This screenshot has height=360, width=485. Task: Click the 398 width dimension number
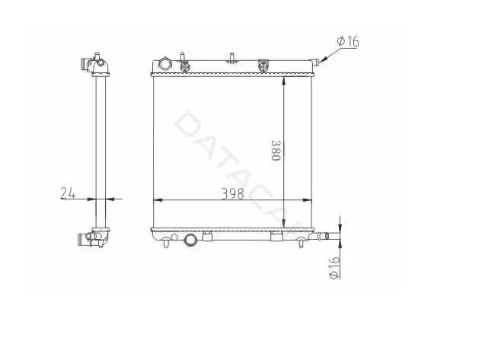(x=233, y=193)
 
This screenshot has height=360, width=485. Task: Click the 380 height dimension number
(x=276, y=151)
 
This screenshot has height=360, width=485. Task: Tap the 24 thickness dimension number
(x=68, y=193)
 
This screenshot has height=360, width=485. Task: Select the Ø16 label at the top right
(x=348, y=41)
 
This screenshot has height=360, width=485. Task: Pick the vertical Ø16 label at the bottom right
(x=334, y=268)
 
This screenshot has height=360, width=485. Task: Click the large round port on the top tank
(x=165, y=64)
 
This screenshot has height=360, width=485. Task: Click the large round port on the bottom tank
(x=190, y=240)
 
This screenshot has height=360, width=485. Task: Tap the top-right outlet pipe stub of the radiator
(x=315, y=62)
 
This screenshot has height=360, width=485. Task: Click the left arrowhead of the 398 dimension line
(x=158, y=200)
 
